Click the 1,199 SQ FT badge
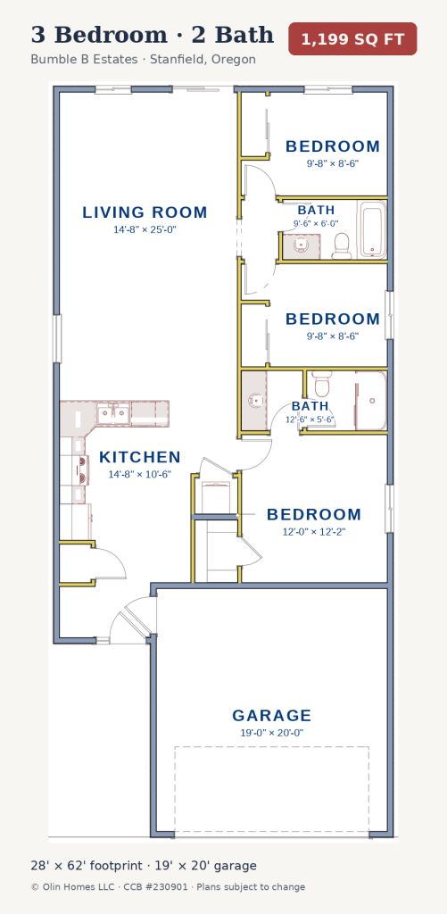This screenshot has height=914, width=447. tap(352, 39)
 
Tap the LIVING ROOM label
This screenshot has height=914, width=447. tap(145, 212)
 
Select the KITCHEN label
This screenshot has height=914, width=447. tap(140, 458)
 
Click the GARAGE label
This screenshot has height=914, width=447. tap(271, 715)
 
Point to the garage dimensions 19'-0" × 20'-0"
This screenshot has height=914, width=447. tap(271, 733)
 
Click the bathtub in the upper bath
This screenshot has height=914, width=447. tap(372, 229)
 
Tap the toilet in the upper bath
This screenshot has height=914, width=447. tap(342, 246)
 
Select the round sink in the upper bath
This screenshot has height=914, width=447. tap(302, 245)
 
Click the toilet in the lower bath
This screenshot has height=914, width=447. tap(322, 383)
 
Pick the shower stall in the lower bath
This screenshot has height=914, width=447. tap(371, 401)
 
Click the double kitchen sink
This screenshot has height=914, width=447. tap(113, 413)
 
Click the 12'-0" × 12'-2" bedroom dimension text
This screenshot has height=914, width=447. tap(314, 532)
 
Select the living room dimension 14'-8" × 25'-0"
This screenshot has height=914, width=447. tap(145, 229)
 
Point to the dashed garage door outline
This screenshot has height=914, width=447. tap(271, 791)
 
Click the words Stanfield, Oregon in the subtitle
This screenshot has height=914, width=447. tap(203, 60)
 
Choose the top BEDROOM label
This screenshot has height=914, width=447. tap(332, 146)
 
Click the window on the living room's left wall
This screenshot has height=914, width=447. tap(57, 338)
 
